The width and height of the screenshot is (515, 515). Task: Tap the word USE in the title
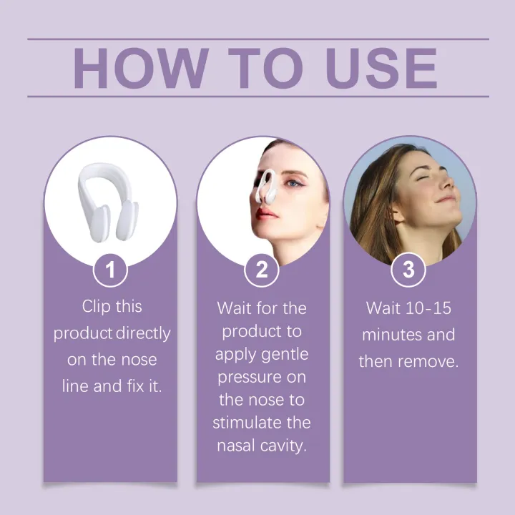381,68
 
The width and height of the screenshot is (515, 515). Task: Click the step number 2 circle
262,270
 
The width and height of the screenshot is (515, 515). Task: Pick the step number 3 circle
408,270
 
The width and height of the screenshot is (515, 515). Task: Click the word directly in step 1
144,333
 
